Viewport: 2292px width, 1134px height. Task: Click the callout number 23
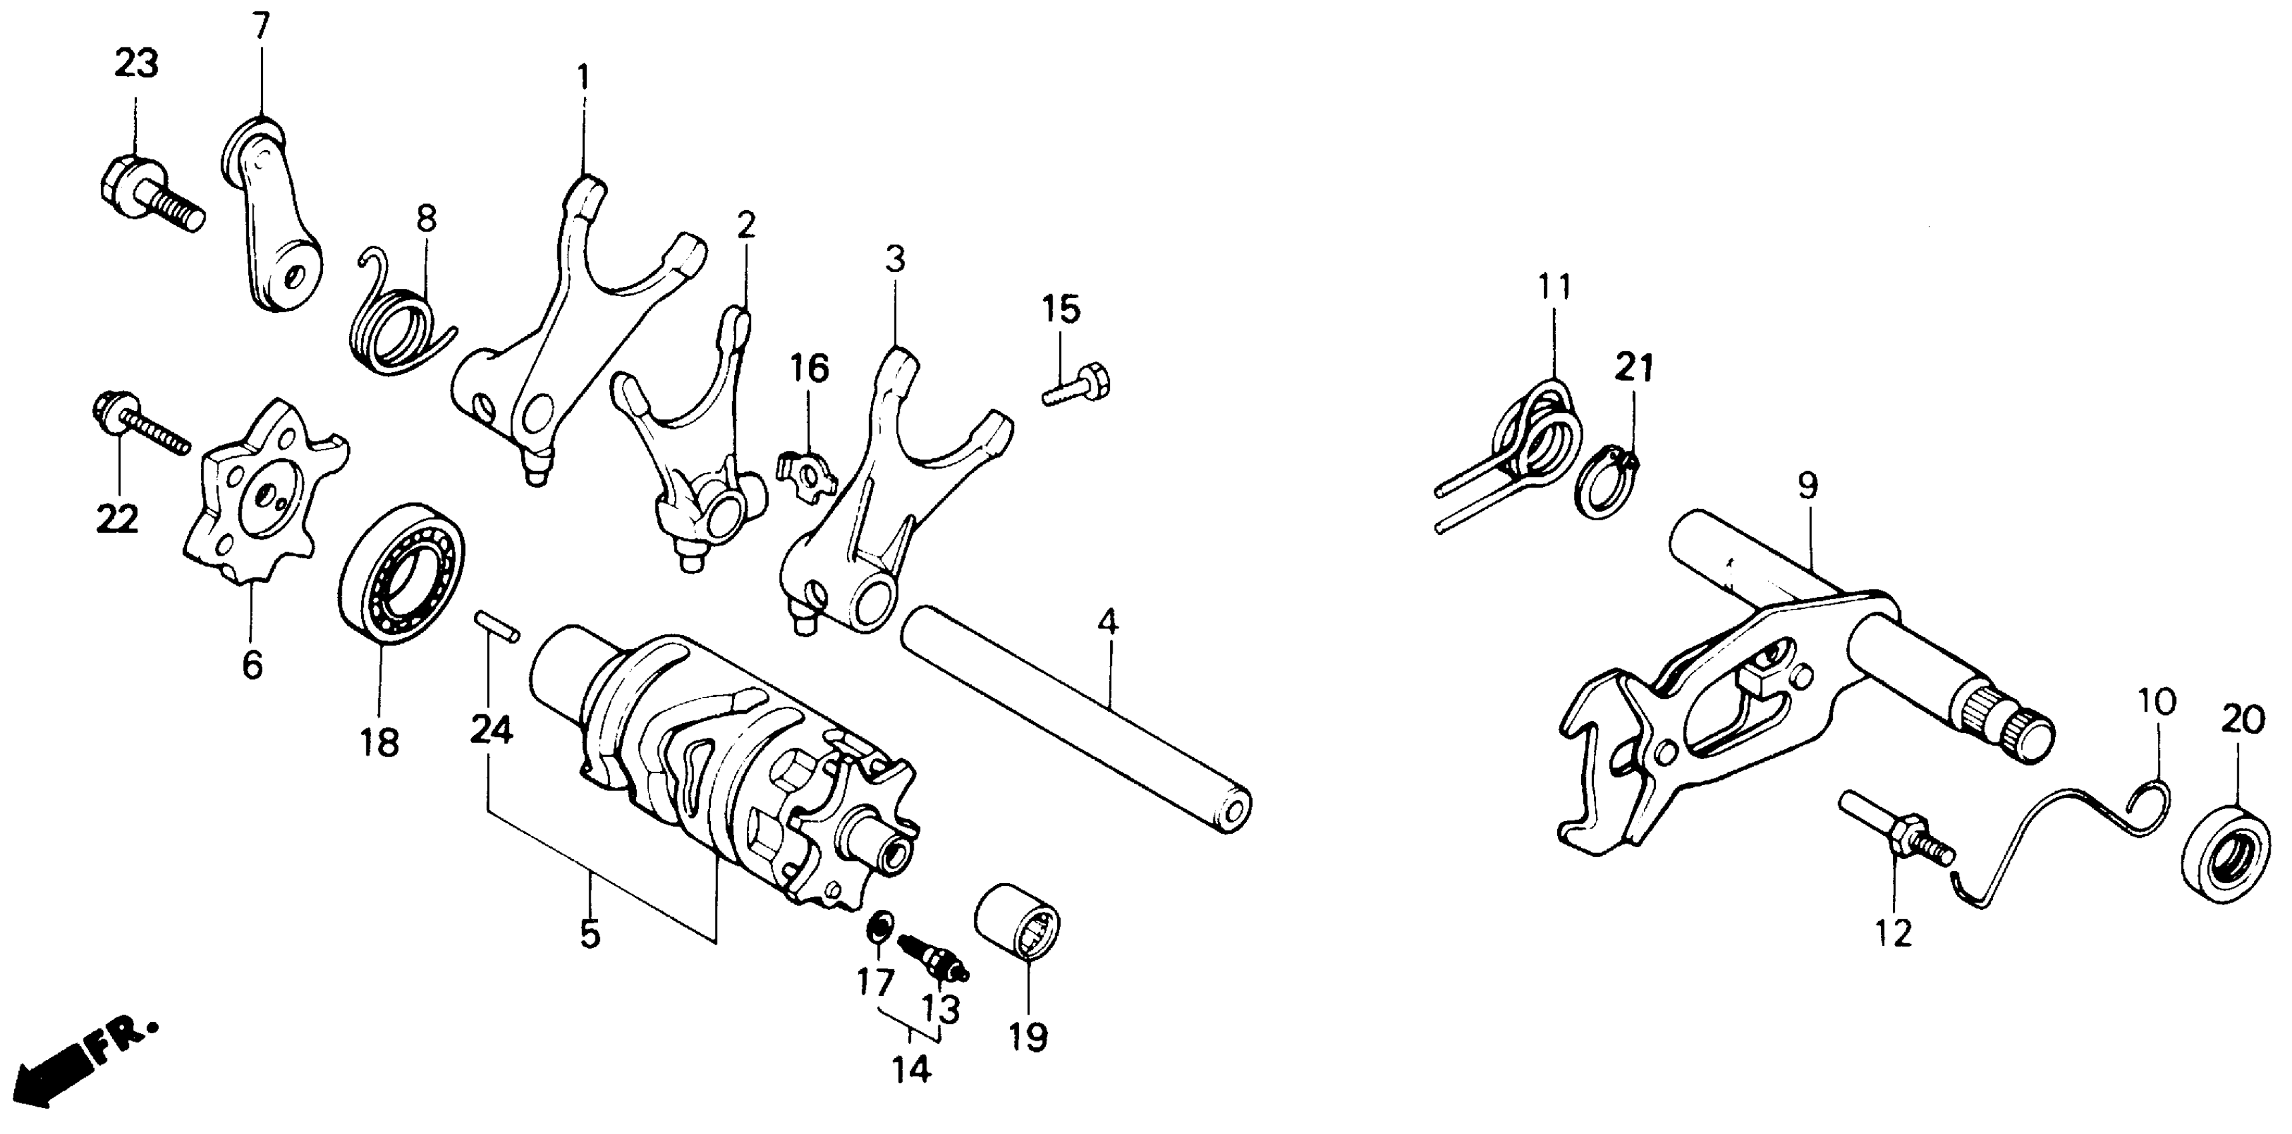pos(136,64)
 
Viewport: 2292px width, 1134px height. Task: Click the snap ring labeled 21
pos(1611,486)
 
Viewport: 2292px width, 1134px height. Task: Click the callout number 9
pos(1807,486)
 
